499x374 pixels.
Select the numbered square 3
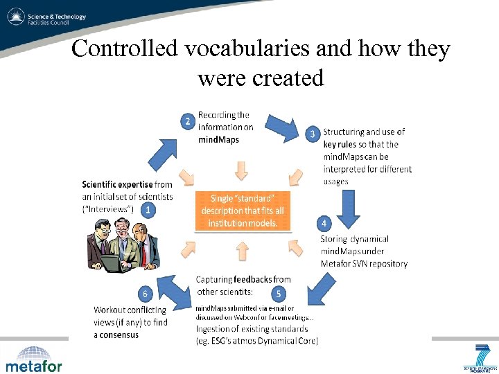coord(313,134)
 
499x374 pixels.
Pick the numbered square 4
coord(324,223)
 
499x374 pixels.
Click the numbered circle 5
coord(278,294)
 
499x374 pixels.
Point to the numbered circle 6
coord(145,294)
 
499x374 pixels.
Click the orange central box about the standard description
coord(243,211)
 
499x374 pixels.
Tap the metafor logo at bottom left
coord(34,359)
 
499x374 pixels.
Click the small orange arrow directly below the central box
coord(242,250)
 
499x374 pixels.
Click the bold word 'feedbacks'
coord(252,279)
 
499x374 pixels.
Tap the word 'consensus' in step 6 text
coord(117,335)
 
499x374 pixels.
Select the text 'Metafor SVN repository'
coord(364,263)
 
